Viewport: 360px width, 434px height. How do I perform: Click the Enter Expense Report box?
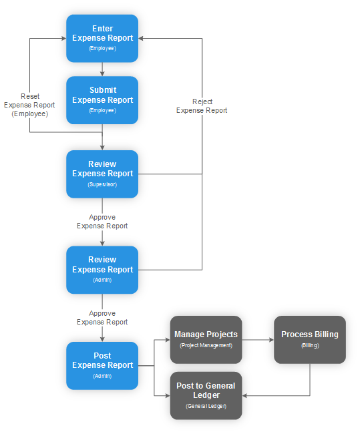(x=102, y=38)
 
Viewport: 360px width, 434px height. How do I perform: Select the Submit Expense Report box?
(x=102, y=99)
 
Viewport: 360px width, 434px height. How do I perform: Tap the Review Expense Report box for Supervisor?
(x=102, y=174)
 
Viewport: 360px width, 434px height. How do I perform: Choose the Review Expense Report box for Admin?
(x=102, y=270)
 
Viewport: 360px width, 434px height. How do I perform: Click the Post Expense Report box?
(x=102, y=365)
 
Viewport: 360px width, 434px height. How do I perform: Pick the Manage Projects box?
(x=206, y=339)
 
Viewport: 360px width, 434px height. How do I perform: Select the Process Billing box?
(x=309, y=339)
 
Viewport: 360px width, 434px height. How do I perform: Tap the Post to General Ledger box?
(x=206, y=395)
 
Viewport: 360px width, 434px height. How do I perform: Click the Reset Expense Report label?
(x=29, y=105)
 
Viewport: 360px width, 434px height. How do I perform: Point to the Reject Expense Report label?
(x=202, y=105)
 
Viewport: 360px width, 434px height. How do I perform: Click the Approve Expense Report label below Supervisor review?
(x=102, y=222)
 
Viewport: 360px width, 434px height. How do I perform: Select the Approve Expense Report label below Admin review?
(x=102, y=317)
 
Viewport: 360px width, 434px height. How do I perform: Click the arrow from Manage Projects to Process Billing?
(x=257, y=340)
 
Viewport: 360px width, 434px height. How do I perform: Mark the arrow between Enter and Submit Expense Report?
(x=102, y=69)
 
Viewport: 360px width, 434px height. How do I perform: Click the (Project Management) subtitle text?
(x=206, y=345)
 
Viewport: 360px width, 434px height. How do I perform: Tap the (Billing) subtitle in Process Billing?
(x=309, y=346)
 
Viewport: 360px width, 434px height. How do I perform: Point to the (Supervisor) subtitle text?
(x=102, y=184)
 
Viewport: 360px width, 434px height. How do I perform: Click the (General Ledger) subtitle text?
(x=206, y=406)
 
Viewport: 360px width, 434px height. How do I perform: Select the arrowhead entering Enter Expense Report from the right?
(x=142, y=38)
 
